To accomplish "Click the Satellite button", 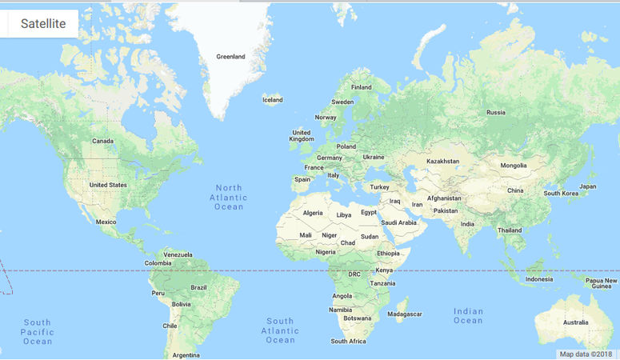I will (x=43, y=24).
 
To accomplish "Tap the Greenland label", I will (x=230, y=57).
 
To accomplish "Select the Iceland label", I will (x=273, y=100).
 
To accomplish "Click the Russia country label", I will (x=496, y=112).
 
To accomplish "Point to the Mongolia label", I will (x=513, y=166).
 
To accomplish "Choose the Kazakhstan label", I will (x=442, y=161).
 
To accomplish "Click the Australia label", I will (x=575, y=322).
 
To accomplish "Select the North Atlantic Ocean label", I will (x=228, y=197).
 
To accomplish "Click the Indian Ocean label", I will (x=468, y=315).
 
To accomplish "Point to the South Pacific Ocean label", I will (x=38, y=331).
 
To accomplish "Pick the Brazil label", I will (x=198, y=287).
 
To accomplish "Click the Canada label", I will (x=102, y=141).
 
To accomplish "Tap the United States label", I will (x=108, y=185).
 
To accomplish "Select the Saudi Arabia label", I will (x=398, y=222).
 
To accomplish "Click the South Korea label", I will (x=561, y=193).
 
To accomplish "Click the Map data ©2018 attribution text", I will (x=586, y=354).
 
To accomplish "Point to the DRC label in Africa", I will (x=354, y=274).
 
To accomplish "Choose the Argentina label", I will (x=186, y=354).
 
